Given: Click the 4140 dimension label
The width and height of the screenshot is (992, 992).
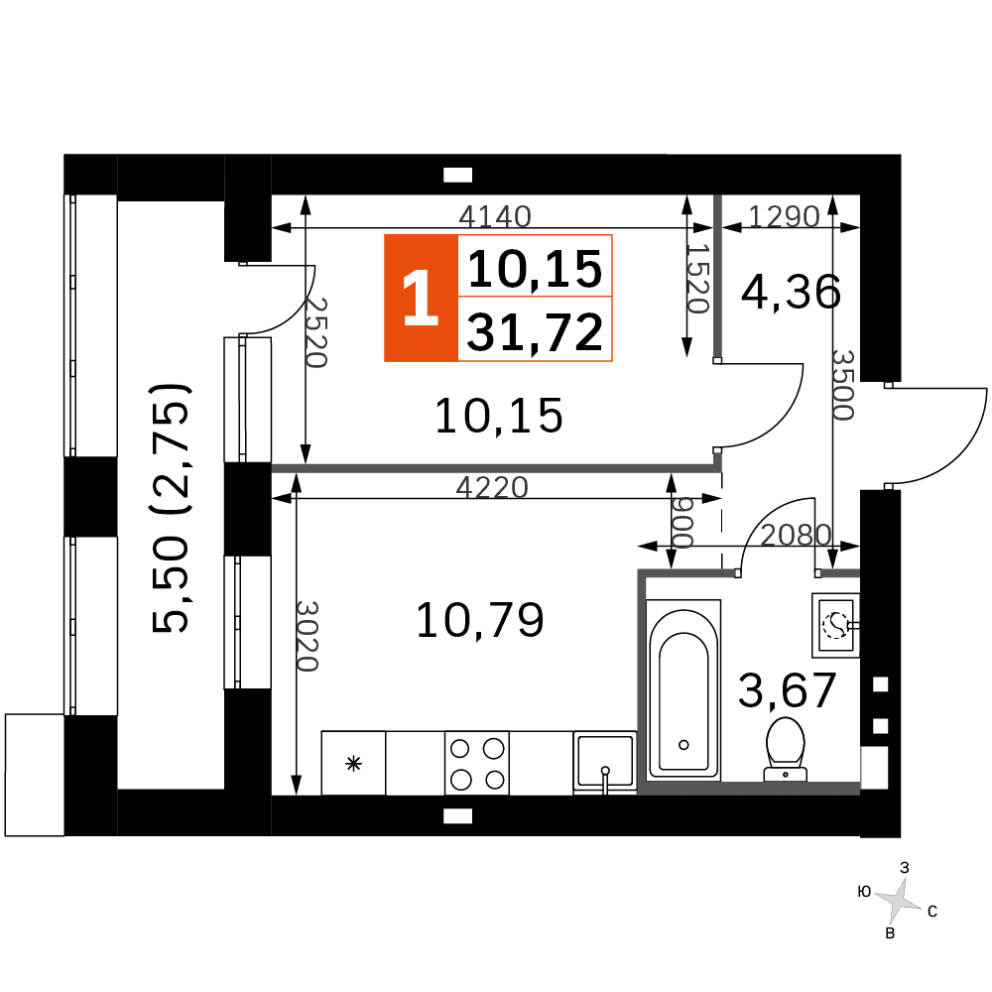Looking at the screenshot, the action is [495, 216].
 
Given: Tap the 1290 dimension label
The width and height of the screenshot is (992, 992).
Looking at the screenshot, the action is [785, 216].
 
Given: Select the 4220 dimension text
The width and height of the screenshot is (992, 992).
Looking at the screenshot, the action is [492, 488].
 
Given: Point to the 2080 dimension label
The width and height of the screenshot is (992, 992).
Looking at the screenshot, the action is [796, 536].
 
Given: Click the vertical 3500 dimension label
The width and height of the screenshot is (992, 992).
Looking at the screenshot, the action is [843, 385].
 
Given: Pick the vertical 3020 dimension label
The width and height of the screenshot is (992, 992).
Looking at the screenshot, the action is [308, 636].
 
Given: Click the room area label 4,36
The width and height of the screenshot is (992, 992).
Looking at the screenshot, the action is [791, 292].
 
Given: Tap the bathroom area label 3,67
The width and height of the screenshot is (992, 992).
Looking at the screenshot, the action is [788, 690].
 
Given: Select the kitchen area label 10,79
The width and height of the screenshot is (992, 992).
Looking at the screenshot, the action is [480, 620].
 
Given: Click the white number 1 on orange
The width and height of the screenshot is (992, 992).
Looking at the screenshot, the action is [421, 298].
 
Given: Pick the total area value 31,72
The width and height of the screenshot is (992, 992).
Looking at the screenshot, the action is [536, 332].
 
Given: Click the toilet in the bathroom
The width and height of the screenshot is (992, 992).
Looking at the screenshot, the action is [786, 748].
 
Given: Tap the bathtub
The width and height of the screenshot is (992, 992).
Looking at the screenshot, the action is [683, 689].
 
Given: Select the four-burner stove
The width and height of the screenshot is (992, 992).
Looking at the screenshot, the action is [477, 763].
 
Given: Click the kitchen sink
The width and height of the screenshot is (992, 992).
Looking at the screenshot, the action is [605, 762].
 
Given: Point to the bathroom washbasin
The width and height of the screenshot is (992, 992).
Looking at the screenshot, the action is [835, 625].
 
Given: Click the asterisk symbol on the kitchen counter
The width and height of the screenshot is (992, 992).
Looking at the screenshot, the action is [354, 764].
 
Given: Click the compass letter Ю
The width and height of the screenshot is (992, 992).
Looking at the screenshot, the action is [864, 892].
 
